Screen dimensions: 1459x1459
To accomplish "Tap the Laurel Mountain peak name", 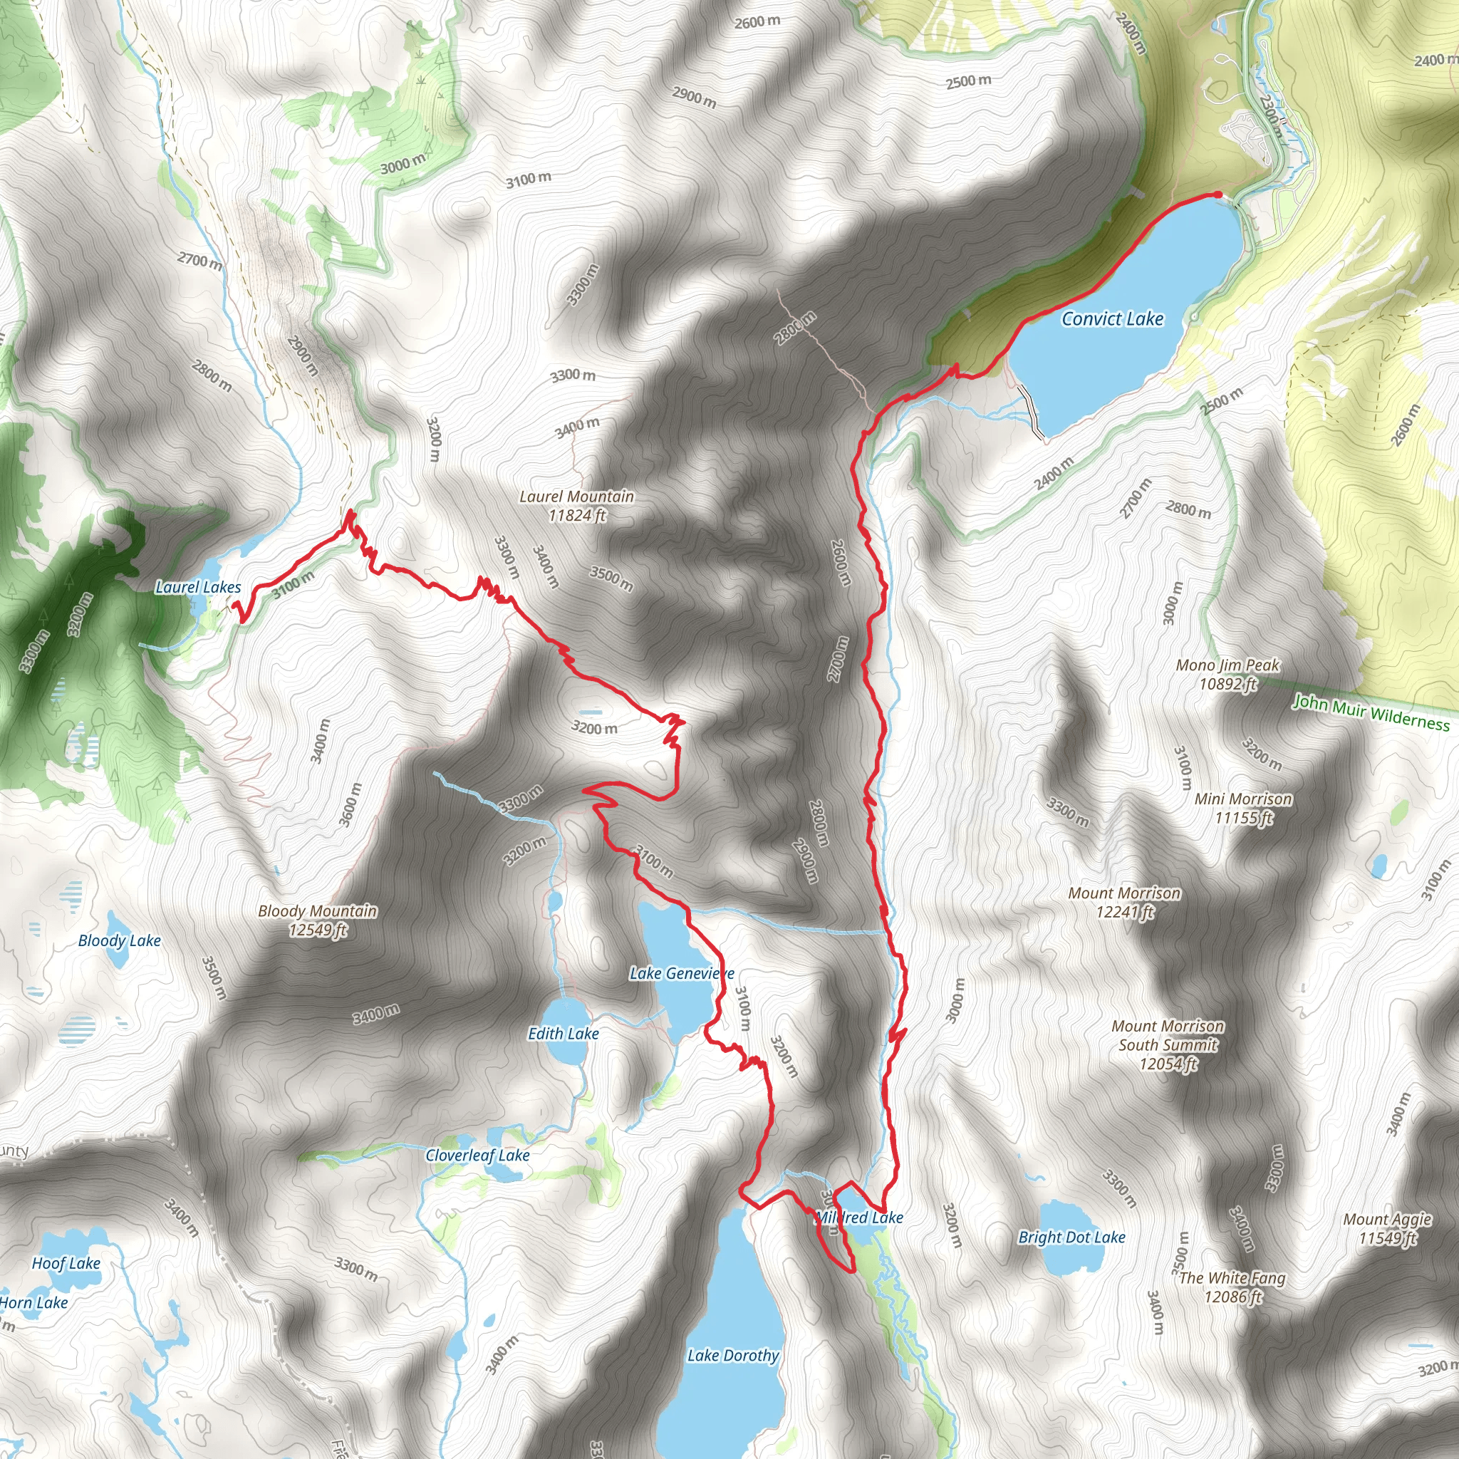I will coord(576,496).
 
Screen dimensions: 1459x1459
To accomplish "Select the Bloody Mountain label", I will coord(317,910).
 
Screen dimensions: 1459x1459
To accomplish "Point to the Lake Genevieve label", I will coord(681,973).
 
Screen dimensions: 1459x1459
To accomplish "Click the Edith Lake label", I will coord(564,1033).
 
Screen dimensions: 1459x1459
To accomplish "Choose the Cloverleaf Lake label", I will coord(477,1155).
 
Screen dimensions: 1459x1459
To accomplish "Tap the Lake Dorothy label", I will coord(732,1356).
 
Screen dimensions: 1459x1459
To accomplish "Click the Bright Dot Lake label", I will coord(1071,1237).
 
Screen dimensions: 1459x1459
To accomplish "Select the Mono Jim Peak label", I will coord(1228,665).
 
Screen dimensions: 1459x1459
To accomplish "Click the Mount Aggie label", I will coord(1387,1219).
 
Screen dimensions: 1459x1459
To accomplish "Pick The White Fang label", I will coord(1232,1278).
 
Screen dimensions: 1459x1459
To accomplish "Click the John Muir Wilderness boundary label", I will coord(1371,712).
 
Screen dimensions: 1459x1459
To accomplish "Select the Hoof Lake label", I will coord(66,1262).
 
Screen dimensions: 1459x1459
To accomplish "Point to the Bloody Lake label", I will coord(119,940).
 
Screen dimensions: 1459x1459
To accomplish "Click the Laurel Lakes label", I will coord(198,587).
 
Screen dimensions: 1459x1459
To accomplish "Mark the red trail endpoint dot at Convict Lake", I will coord(1217,194).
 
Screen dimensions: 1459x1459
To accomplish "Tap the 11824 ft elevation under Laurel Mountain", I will coord(577,516).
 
